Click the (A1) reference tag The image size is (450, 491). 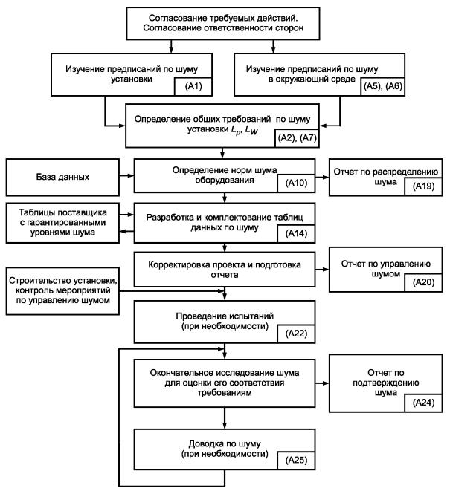[193, 86]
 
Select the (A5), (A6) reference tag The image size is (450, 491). [383, 86]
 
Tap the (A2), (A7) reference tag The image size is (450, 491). [297, 138]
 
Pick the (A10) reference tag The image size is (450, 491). [296, 183]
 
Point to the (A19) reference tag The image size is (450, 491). [424, 186]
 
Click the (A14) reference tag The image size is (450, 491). [296, 233]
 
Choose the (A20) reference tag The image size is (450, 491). [424, 283]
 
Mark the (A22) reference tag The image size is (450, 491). [296, 334]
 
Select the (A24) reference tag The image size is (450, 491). [424, 403]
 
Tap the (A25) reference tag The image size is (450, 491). [296, 461]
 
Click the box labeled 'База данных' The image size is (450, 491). [62, 178]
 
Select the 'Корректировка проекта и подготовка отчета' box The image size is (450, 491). [225, 270]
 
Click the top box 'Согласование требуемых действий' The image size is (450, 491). [223, 24]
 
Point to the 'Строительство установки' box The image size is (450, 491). [62, 291]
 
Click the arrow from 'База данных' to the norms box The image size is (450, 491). [126, 175]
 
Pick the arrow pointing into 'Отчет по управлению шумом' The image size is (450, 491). [322, 270]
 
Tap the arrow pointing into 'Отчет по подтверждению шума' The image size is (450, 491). [322, 383]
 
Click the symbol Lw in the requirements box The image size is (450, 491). [251, 130]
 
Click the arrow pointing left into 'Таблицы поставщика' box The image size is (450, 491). [126, 231]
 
